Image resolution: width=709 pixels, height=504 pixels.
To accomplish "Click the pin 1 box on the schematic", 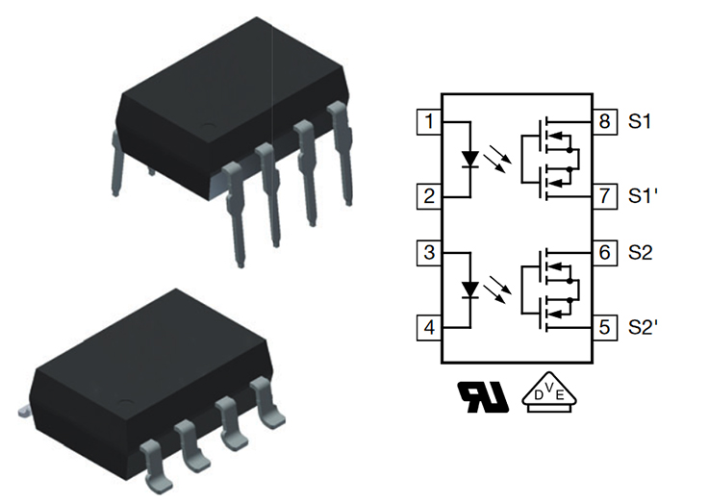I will coord(428,122).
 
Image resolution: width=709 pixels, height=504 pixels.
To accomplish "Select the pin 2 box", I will coord(428,198).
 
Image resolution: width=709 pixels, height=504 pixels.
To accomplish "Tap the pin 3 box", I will coord(428,254).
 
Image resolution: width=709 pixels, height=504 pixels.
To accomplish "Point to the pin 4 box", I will coord(428,328).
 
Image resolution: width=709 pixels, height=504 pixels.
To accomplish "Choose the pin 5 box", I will coord(603,328).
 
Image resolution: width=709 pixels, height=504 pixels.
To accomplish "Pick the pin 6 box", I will coord(603,254).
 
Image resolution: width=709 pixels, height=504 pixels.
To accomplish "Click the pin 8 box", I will coord(603,122).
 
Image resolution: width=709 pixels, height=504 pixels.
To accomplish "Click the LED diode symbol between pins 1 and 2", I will coord(469,159).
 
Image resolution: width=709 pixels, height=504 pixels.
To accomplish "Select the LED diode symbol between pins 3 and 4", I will coord(469,290).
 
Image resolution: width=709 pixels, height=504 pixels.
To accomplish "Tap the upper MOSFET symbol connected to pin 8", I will coord(552,140).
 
